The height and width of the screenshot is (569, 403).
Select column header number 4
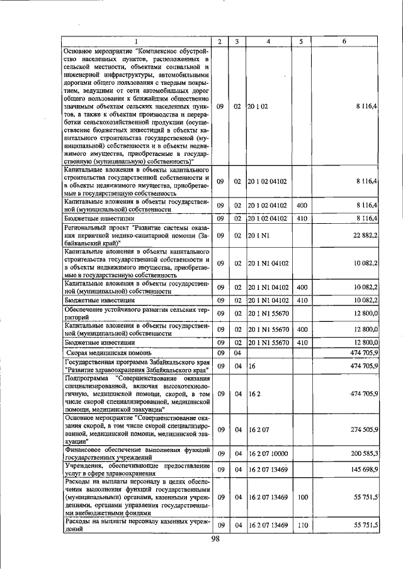[x=268, y=41]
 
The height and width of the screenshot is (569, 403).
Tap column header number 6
[x=344, y=41]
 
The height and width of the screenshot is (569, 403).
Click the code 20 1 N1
[x=259, y=235]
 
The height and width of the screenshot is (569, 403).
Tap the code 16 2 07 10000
[x=268, y=453]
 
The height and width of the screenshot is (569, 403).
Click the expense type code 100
[x=302, y=497]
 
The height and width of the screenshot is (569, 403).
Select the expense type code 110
[x=302, y=524]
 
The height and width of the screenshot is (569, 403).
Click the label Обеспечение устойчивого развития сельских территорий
[x=136, y=314]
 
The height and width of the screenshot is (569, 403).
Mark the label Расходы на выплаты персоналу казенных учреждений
[x=136, y=524]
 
